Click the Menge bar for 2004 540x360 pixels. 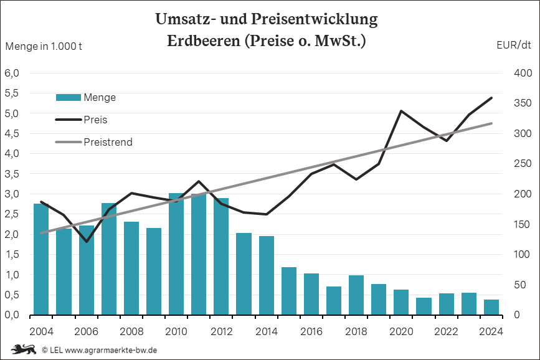tap(41, 259)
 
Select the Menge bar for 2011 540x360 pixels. tap(199, 254)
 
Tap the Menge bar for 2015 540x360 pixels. tap(289, 291)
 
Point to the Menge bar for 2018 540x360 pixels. tap(356, 295)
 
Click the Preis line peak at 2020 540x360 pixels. tap(401, 111)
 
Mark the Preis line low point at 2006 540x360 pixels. tap(87, 242)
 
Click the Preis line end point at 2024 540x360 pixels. tap(491, 98)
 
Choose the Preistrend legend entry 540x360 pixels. tap(93, 142)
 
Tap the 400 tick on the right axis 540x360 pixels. tap(522, 73)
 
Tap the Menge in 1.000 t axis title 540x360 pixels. tap(44, 45)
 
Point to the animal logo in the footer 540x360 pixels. tap(22, 349)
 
